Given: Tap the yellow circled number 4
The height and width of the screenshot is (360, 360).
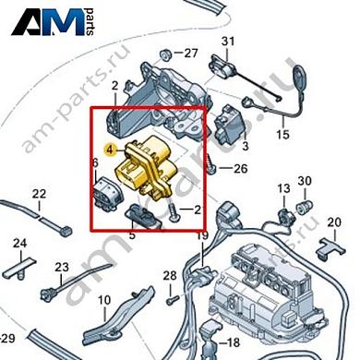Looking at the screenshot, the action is click(110, 148).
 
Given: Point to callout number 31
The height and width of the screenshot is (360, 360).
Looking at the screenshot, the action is click(228, 40).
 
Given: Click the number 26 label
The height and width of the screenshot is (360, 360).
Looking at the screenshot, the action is click(241, 168).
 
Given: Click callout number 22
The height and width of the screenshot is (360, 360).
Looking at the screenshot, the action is click(38, 194).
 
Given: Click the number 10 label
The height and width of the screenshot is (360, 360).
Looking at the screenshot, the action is click(104, 299).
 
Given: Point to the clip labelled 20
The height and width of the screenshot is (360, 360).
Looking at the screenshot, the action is click(323, 244).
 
